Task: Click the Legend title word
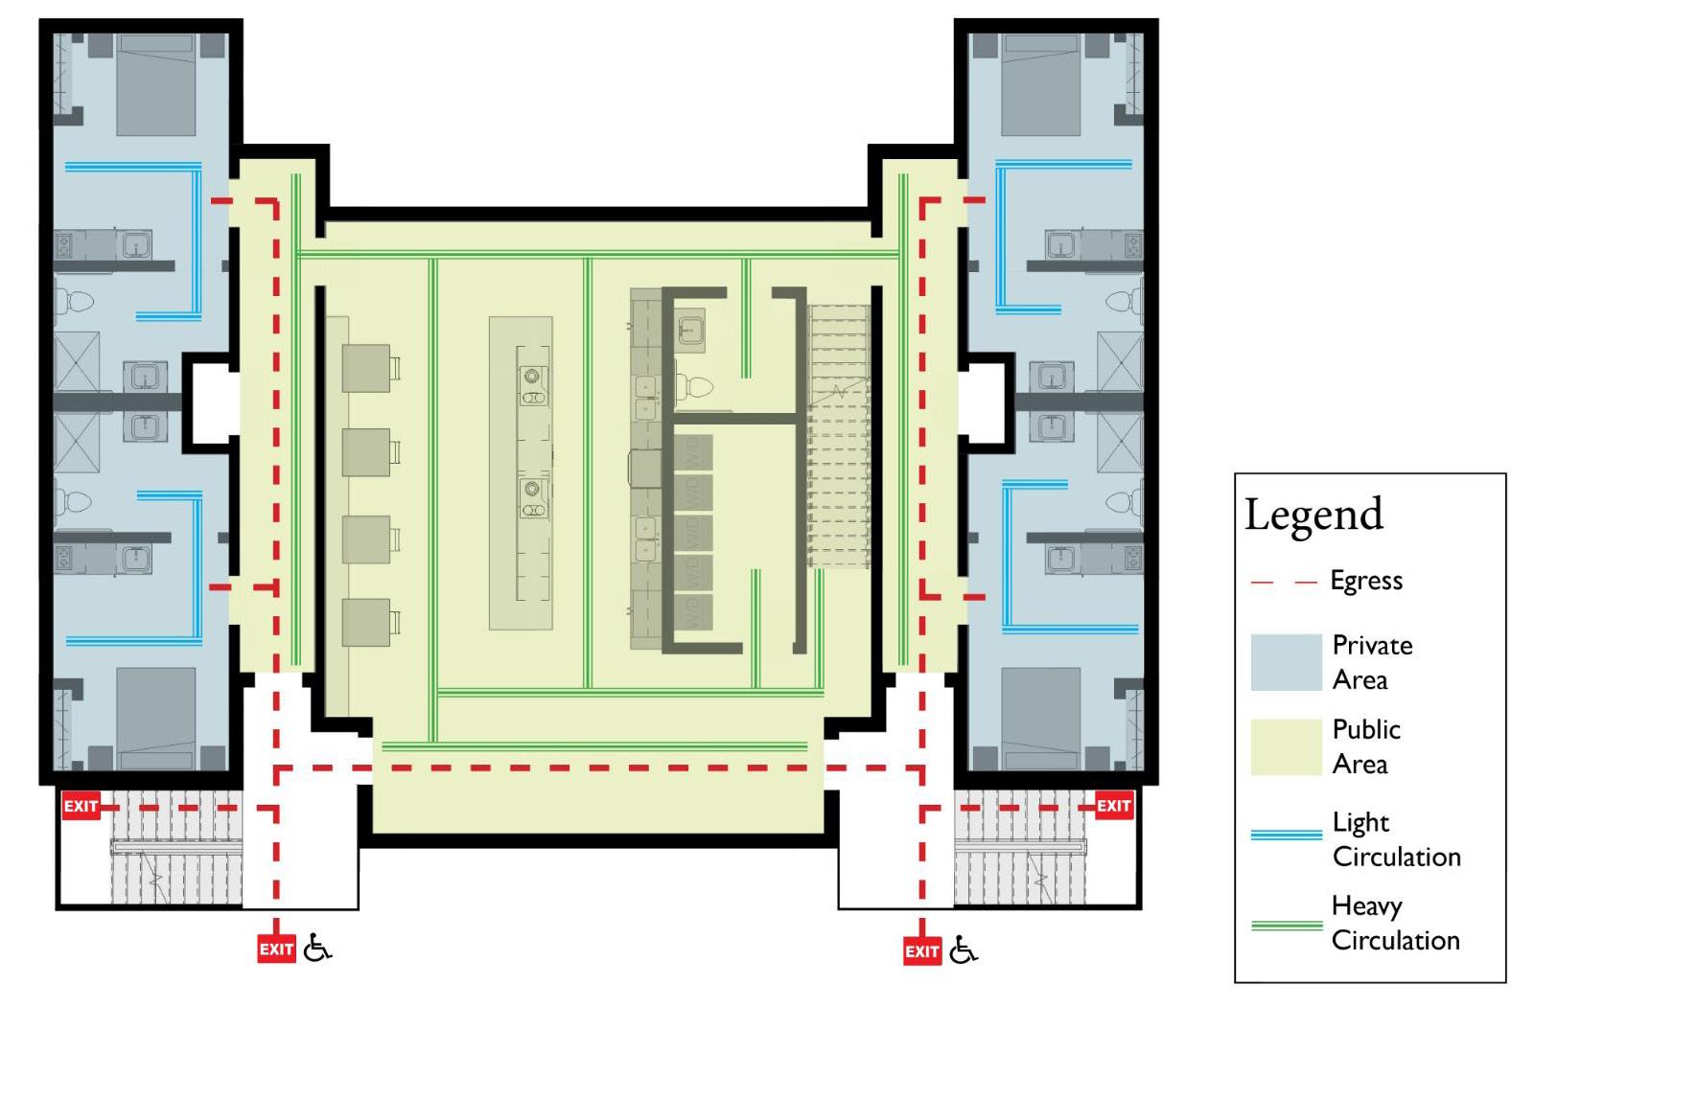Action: point(1313,515)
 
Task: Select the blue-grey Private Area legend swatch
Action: point(1286,662)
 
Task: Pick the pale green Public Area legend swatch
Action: point(1286,746)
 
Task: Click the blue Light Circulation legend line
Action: point(1286,836)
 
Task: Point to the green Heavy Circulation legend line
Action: point(1286,926)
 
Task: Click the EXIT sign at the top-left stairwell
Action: point(81,806)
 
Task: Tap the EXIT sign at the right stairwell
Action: point(1113,806)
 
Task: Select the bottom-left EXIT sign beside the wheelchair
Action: point(276,950)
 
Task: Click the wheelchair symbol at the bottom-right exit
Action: point(964,951)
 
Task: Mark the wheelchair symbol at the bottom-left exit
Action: point(317,949)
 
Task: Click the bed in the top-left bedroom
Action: point(156,84)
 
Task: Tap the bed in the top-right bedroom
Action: point(1040,84)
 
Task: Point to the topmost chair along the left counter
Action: point(366,368)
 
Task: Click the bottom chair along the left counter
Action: point(366,622)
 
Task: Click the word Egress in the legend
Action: point(1366,581)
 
